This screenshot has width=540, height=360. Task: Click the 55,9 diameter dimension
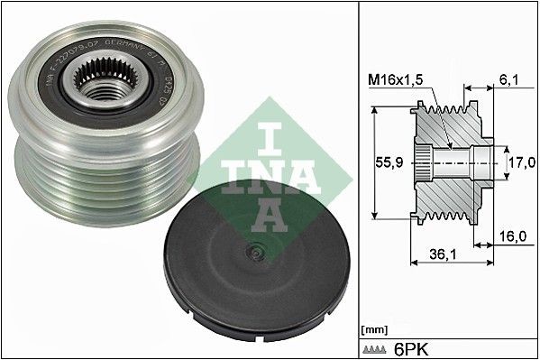385,164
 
